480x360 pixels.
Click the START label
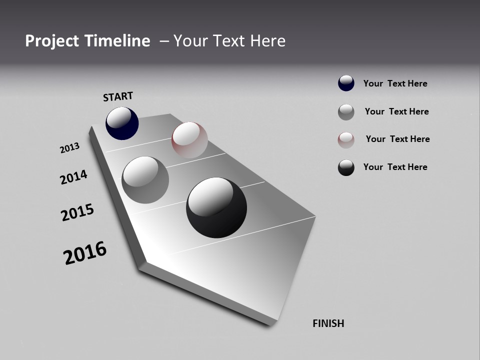click(x=118, y=96)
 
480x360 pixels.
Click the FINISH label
click(x=328, y=323)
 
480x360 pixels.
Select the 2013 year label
click(x=70, y=148)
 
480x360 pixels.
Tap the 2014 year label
click(x=73, y=177)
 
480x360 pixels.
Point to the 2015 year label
click(x=77, y=212)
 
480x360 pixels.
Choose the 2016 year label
click(x=85, y=253)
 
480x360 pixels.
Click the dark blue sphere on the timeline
click(x=122, y=123)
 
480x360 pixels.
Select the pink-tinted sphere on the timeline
click(x=189, y=140)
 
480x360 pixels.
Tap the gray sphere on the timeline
click(x=145, y=180)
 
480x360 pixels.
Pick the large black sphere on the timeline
click(x=216, y=207)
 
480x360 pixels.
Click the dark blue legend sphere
click(x=346, y=83)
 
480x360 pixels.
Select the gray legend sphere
click(x=346, y=112)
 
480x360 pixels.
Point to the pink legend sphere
click(x=346, y=139)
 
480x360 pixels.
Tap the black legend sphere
click(x=346, y=167)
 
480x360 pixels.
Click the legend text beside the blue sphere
click(x=395, y=83)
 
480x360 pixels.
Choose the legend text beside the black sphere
click(x=395, y=167)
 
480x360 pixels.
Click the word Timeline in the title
click(x=118, y=41)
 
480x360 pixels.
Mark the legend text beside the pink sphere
click(x=397, y=139)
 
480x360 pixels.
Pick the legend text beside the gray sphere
click(x=396, y=111)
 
